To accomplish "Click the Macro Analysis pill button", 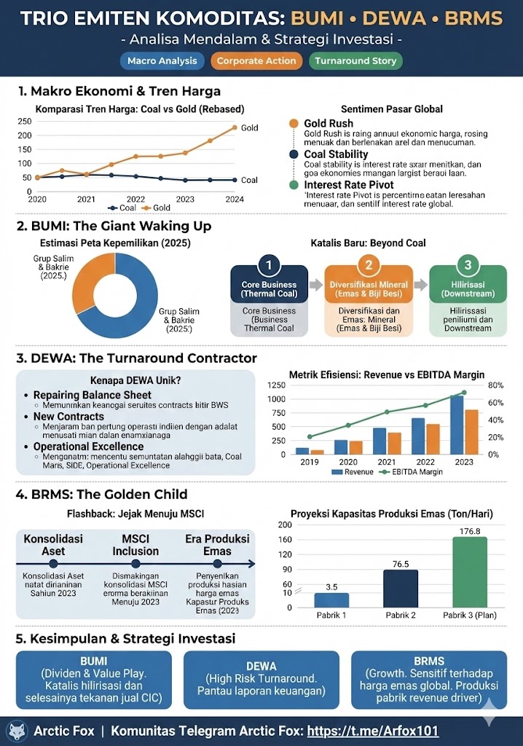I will pos(162,61).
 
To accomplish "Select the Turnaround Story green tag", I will pos(355,61).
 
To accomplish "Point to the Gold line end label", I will pos(250,128).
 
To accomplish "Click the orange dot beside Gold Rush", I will pos(294,125).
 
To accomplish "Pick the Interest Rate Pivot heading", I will pos(345,185).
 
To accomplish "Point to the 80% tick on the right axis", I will pos(496,385).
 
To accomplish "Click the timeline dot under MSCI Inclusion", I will pos(135,563).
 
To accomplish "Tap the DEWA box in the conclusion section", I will pos(261,680).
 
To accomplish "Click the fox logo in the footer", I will pos(16,731).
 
